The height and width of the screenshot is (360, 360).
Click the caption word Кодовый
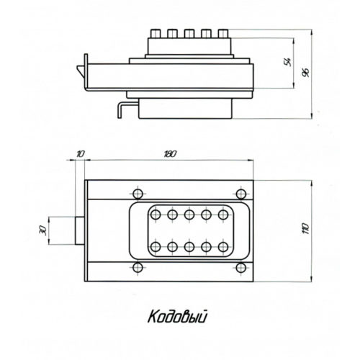(177, 317)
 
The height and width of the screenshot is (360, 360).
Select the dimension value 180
(170, 154)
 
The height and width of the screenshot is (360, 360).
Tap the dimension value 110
(306, 228)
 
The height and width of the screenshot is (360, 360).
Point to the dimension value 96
(306, 73)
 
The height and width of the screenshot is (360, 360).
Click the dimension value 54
(287, 62)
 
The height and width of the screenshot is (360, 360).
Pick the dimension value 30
(42, 230)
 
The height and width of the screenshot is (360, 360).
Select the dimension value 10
(81, 154)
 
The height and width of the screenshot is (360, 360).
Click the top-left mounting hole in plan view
(138, 194)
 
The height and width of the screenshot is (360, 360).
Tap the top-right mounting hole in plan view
(241, 194)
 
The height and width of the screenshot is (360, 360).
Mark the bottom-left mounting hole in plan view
(138, 268)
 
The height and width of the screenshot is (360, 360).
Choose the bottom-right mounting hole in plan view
(241, 268)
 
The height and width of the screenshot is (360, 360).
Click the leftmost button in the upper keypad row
(156, 215)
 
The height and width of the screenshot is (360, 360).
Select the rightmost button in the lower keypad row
(223, 247)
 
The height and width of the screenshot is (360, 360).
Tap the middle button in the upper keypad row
(189, 215)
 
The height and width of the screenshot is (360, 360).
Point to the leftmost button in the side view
(156, 34)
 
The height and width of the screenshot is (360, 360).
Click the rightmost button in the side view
(223, 34)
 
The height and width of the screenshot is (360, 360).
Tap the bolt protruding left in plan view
(80, 230)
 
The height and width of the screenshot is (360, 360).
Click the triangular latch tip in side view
(81, 71)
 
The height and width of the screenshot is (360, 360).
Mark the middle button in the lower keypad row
(189, 247)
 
